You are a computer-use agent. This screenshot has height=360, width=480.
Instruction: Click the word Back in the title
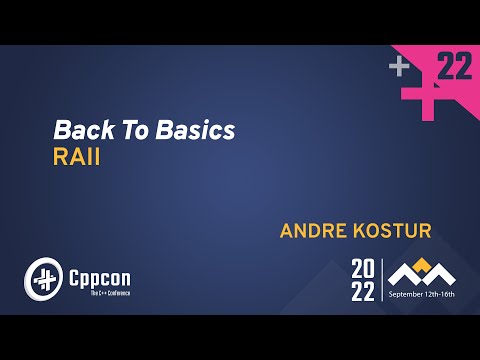click(x=74, y=130)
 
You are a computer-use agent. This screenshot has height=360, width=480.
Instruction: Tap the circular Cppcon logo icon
click(x=44, y=276)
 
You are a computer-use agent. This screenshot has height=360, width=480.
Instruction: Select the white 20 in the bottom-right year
click(x=364, y=268)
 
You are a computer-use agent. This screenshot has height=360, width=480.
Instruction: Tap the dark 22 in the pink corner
click(x=455, y=67)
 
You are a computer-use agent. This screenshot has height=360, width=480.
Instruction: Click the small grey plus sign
click(x=400, y=67)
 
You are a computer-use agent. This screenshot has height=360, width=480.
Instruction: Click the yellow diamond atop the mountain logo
click(x=423, y=264)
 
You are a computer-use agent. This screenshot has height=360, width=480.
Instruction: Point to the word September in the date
click(x=408, y=296)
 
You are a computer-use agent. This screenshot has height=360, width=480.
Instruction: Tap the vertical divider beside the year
click(x=381, y=279)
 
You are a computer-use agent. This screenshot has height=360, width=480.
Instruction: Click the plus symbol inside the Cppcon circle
click(x=44, y=276)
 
